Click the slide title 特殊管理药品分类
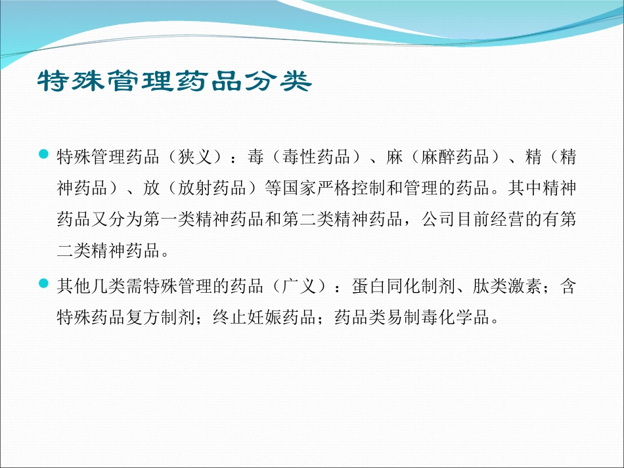(x=173, y=83)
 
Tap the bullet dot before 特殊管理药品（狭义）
(x=44, y=154)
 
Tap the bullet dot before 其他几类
(x=44, y=284)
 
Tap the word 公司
(x=435, y=221)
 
